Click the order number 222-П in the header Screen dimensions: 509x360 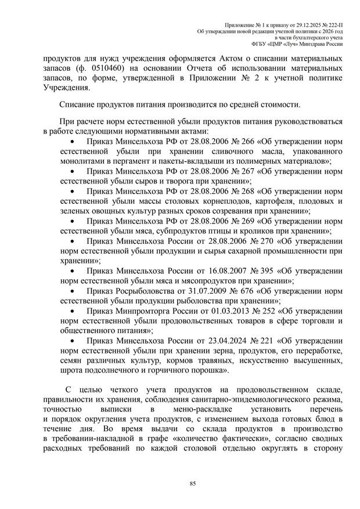tap(334, 23)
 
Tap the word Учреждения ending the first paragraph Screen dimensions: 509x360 tap(66, 89)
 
